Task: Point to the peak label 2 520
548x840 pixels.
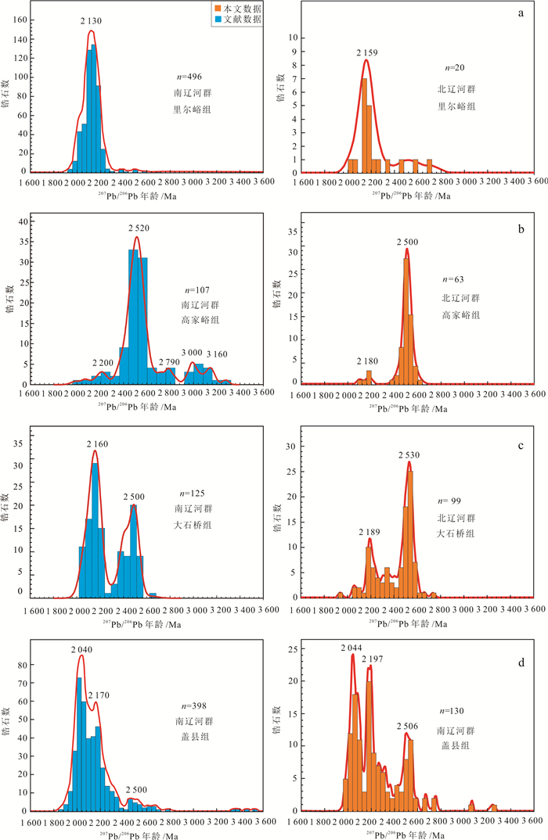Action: point(137,228)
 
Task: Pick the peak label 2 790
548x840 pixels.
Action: point(168,362)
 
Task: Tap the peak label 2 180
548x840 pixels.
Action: point(369,361)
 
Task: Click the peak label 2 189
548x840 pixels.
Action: point(369,532)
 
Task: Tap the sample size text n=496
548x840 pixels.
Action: point(191,77)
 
